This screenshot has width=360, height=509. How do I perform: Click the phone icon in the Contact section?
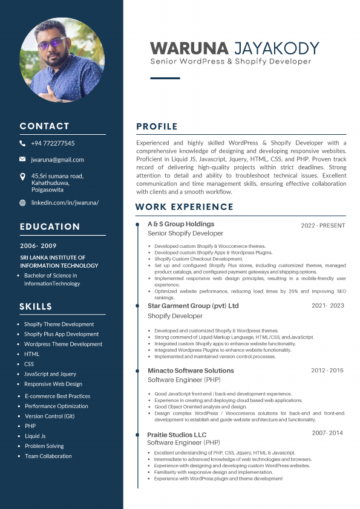click(22, 144)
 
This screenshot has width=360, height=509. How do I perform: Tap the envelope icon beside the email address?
click(22, 160)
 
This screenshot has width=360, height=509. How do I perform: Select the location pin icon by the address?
click(22, 177)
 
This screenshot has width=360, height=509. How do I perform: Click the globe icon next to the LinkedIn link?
click(22, 203)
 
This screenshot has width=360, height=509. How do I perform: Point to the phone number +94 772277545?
click(53, 144)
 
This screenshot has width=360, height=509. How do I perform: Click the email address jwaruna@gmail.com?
click(57, 160)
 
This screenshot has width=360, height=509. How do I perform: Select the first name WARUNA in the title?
click(189, 48)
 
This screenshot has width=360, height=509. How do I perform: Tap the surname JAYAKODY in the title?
click(276, 48)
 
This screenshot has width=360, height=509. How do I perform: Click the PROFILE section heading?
click(157, 126)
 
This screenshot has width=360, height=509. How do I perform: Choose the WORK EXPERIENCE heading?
click(184, 207)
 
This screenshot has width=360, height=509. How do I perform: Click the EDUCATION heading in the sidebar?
click(50, 227)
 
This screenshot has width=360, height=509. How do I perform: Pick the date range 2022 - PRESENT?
click(323, 225)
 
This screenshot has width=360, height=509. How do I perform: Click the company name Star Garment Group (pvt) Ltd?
click(193, 306)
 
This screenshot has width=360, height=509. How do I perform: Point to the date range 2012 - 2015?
click(327, 370)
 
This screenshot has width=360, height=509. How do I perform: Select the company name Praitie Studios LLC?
click(177, 435)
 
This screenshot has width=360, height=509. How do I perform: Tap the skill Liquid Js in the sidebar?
click(35, 436)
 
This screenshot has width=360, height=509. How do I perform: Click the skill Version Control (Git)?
click(50, 416)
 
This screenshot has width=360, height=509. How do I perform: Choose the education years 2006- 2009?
click(38, 246)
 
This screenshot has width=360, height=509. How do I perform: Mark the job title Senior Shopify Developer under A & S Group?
click(185, 233)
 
